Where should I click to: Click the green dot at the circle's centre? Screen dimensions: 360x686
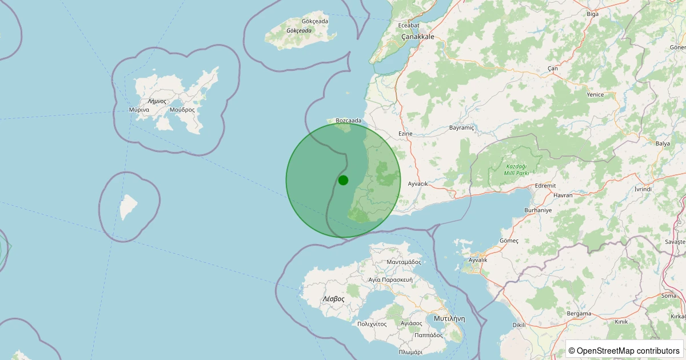[343, 180]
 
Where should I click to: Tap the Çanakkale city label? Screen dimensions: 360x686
[417, 37]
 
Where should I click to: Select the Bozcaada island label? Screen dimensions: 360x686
[349, 121]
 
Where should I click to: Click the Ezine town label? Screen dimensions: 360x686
[405, 134]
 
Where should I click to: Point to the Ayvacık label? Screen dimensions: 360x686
[418, 184]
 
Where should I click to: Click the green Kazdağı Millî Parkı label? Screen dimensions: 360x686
[516, 169]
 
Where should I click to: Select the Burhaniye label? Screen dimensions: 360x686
[538, 210]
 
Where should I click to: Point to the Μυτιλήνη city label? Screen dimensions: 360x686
[449, 318]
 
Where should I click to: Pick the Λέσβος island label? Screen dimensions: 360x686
[333, 299]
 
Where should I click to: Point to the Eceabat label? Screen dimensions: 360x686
[409, 25]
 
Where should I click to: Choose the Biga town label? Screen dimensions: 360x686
[593, 14]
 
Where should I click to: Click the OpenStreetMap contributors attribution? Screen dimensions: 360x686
[624, 350]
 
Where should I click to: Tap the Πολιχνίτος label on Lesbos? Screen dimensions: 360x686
[372, 324]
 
